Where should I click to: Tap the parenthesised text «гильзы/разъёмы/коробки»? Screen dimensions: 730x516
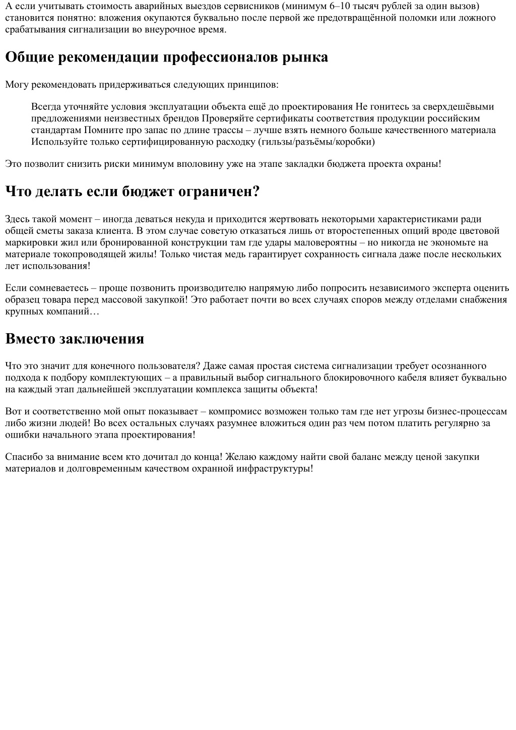coord(316,142)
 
